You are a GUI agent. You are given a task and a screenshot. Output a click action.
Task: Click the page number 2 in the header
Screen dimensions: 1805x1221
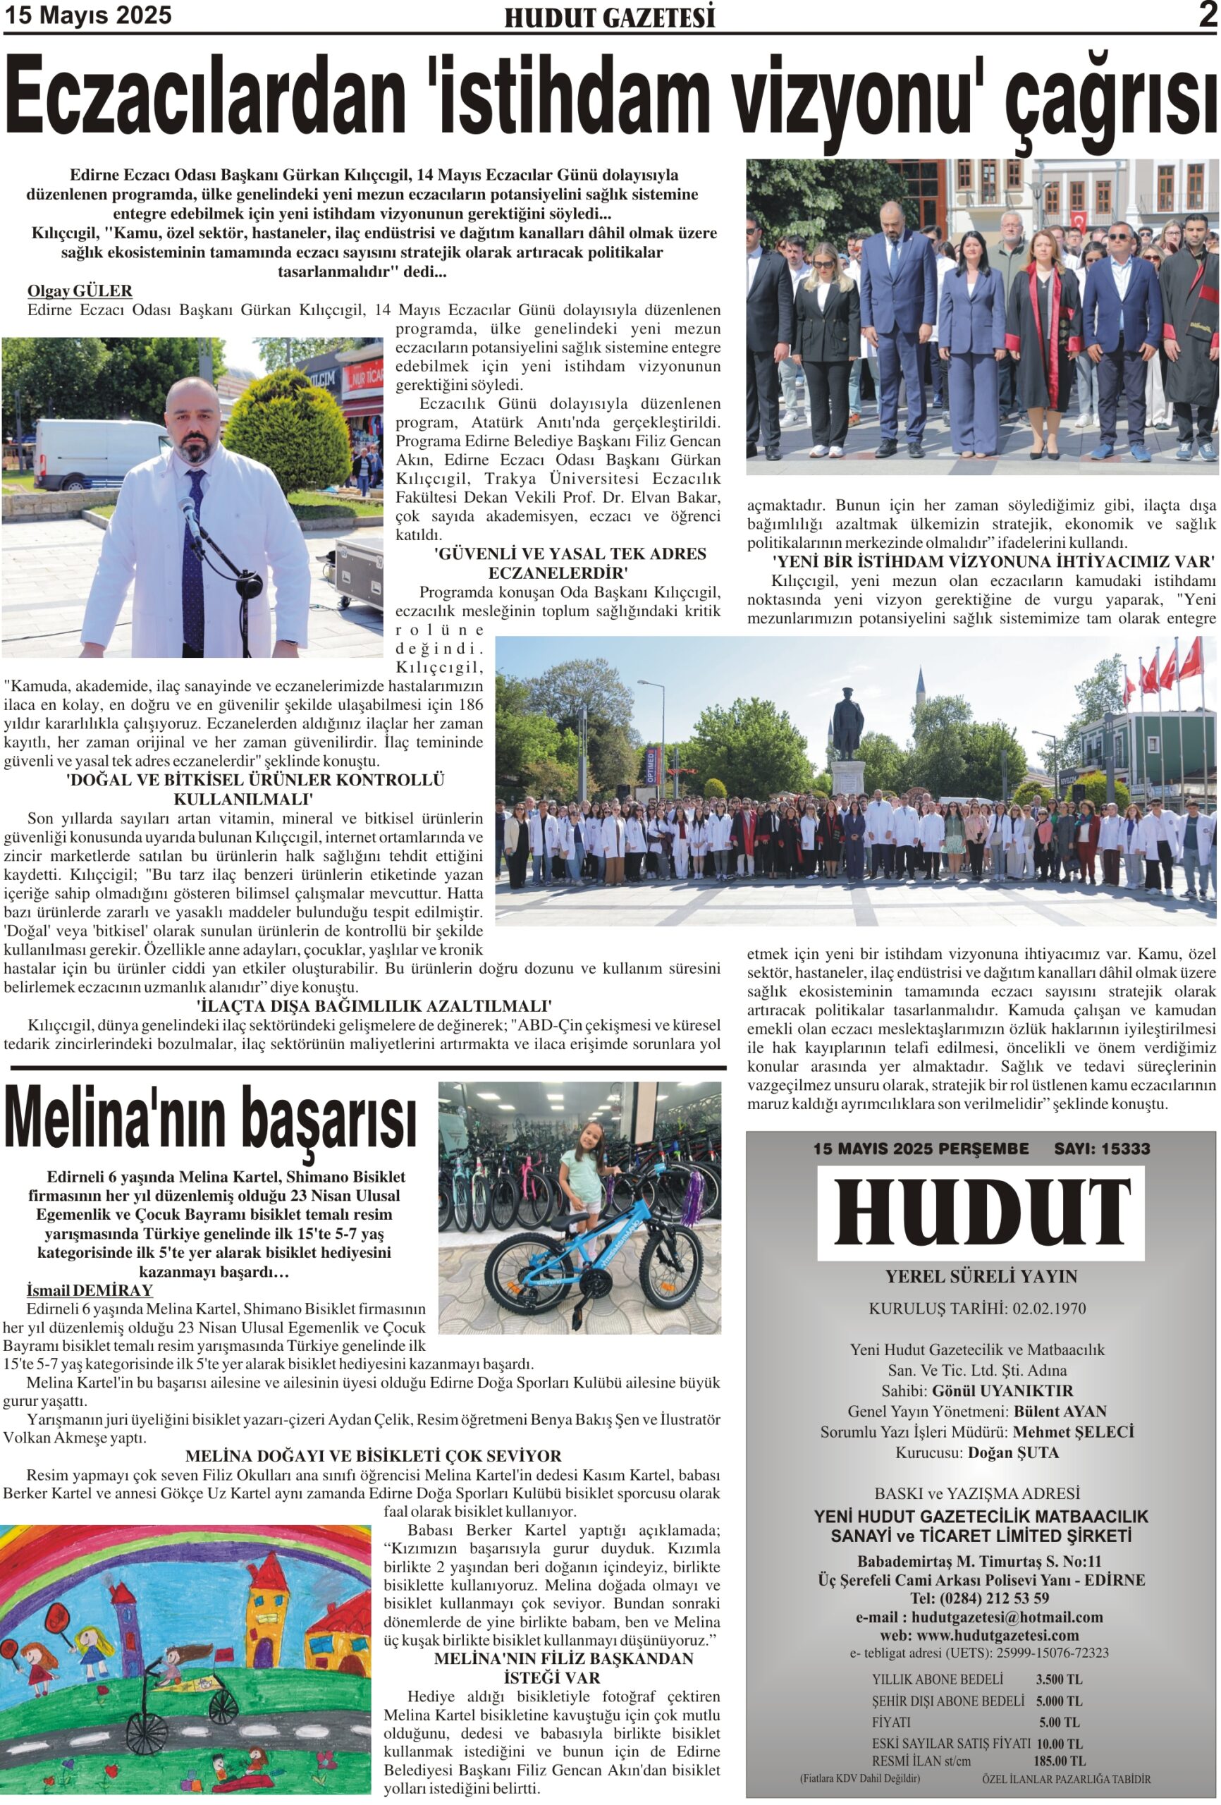1205,16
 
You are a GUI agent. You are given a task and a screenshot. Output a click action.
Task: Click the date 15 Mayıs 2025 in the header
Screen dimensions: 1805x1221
88,16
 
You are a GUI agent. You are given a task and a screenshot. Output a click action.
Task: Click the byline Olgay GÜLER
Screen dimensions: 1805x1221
79,291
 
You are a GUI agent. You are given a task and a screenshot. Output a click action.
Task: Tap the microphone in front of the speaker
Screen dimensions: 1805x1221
188,513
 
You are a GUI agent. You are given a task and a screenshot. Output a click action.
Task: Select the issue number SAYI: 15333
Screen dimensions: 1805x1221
1100,1149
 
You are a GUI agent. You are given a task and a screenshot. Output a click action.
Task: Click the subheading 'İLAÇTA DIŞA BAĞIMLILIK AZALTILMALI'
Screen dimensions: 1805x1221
374,1007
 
